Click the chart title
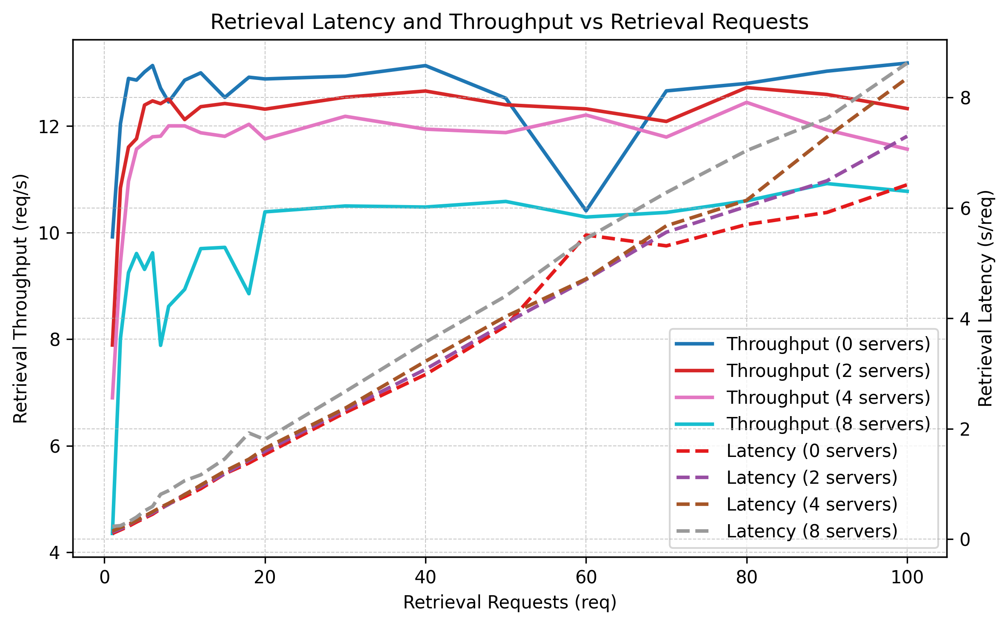509,22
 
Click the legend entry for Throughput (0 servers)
828,344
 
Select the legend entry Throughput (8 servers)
828,424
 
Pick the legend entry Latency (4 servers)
812,504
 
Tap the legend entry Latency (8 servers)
812,531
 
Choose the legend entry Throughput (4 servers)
828,397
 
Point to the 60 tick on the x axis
586,577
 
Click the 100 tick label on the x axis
907,577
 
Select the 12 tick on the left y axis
49,126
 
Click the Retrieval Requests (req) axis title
510,602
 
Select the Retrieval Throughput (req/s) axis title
20,298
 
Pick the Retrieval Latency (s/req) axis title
985,298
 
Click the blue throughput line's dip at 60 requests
586,211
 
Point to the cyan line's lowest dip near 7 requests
161,345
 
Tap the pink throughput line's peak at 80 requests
746,102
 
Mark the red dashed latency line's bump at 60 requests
586,235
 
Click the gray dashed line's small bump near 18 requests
249,432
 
